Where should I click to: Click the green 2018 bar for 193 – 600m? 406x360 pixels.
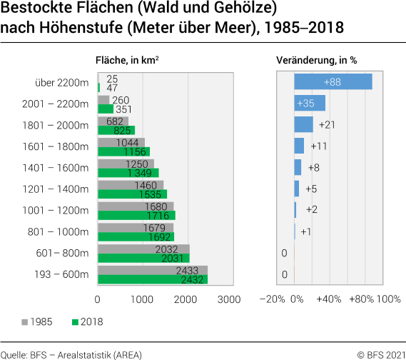click(152, 280)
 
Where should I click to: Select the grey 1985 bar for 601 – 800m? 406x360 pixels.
click(143, 249)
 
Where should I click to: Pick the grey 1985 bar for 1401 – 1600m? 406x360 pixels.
click(126, 164)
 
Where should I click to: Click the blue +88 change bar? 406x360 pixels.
click(333, 82)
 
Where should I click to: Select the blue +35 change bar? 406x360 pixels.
click(310, 104)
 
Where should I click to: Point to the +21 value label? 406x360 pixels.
click(328, 125)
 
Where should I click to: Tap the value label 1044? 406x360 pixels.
click(127, 143)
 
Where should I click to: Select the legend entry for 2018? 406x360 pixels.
click(86, 322)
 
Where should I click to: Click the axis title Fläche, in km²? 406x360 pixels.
click(127, 61)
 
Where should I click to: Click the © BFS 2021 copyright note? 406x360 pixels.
click(379, 354)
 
